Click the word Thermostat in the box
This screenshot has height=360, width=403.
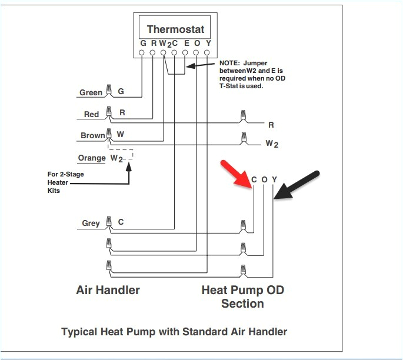pos(175,29)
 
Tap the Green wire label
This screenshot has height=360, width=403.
pos(91,92)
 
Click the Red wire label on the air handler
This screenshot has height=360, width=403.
pos(91,114)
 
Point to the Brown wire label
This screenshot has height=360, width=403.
pos(92,135)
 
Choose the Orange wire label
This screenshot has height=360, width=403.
pos(91,158)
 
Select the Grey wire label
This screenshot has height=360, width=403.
pos(91,223)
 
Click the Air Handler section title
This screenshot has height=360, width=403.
pos(108,290)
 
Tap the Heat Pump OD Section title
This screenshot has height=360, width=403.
pos(242,296)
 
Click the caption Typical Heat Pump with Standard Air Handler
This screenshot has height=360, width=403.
pos(174,332)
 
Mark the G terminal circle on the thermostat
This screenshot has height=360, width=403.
pos(142,53)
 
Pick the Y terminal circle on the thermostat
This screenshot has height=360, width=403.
pos(207,53)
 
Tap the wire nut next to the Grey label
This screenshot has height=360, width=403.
pos(108,222)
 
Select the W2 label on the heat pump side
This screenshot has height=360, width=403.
pos(271,143)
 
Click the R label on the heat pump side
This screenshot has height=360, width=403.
pos(271,125)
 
